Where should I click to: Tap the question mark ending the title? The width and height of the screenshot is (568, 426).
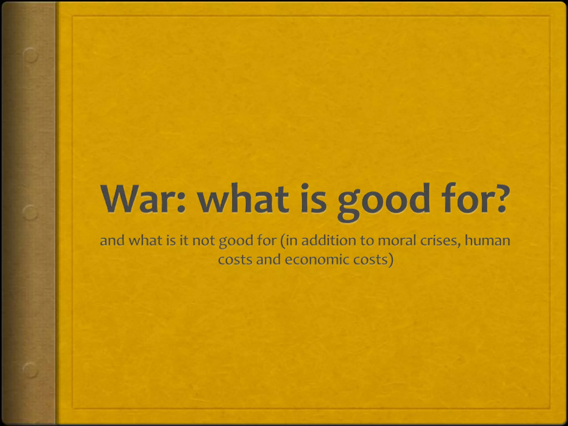(501, 199)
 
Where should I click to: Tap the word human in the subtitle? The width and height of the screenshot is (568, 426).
(487, 240)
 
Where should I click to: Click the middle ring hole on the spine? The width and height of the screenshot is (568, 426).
(30, 213)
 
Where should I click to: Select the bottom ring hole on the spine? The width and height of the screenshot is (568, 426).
(30, 370)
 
